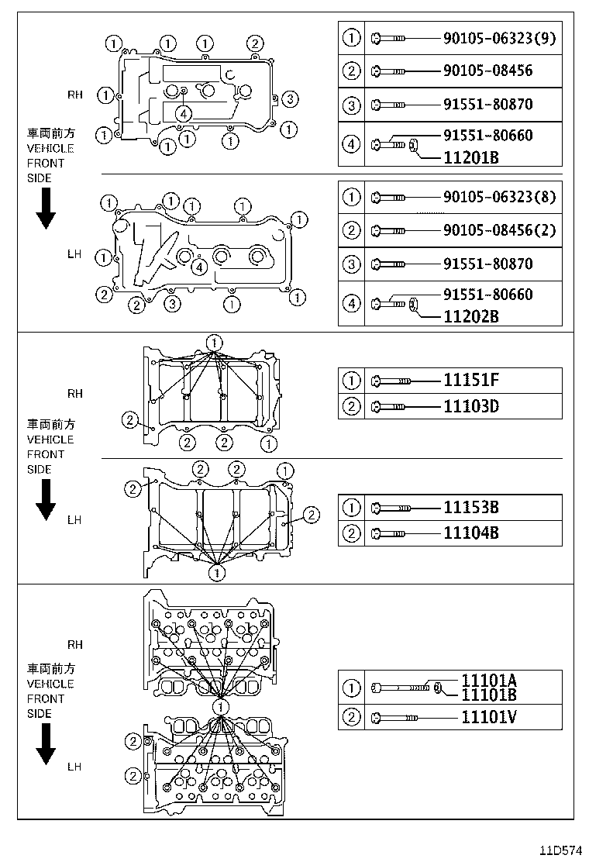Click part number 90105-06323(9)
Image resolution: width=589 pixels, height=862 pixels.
click(499, 37)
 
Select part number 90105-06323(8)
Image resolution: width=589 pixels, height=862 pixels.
click(499, 197)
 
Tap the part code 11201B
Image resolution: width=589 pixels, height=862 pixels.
click(470, 157)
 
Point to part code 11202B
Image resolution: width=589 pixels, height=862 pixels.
click(470, 316)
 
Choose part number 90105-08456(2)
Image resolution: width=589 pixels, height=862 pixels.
click(499, 230)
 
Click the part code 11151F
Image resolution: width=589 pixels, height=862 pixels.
click(470, 380)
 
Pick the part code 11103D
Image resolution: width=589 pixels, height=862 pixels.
click(470, 405)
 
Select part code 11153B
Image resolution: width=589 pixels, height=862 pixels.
click(470, 507)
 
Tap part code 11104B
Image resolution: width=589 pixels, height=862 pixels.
click(470, 533)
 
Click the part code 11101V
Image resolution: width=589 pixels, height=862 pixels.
click(488, 717)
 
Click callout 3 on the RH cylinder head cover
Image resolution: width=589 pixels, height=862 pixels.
click(289, 98)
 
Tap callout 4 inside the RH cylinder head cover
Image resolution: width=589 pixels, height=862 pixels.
click(183, 114)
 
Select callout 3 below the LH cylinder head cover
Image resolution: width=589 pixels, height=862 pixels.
click(173, 303)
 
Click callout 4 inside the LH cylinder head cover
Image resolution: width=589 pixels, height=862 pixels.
click(199, 267)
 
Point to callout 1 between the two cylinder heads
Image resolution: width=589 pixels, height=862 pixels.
click(221, 707)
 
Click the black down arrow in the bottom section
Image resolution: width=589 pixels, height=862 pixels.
click(46, 745)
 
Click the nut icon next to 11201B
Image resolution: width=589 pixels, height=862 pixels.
click(414, 144)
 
